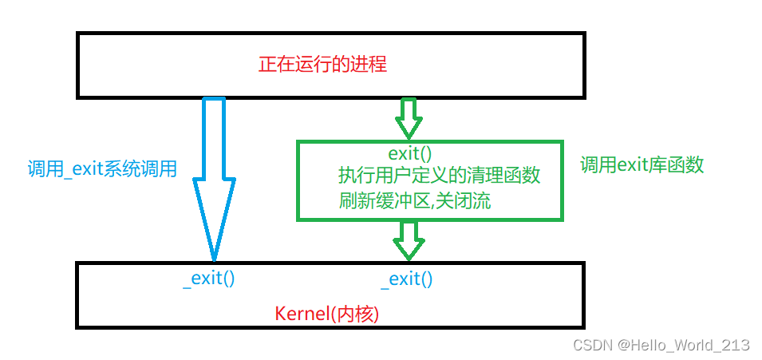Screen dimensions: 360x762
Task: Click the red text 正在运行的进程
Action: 322,65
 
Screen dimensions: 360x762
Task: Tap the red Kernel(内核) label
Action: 326,314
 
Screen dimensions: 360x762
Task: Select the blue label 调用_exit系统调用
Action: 101,168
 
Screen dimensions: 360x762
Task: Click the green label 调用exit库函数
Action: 642,165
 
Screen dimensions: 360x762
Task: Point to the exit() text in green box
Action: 410,153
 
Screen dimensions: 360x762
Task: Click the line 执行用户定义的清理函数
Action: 439,176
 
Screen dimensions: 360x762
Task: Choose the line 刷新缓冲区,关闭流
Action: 414,200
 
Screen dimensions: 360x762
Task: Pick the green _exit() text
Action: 407,279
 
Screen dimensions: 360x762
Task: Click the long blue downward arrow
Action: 214,176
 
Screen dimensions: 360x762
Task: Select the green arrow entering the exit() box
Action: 409,118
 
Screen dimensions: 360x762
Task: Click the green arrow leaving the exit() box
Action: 409,239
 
